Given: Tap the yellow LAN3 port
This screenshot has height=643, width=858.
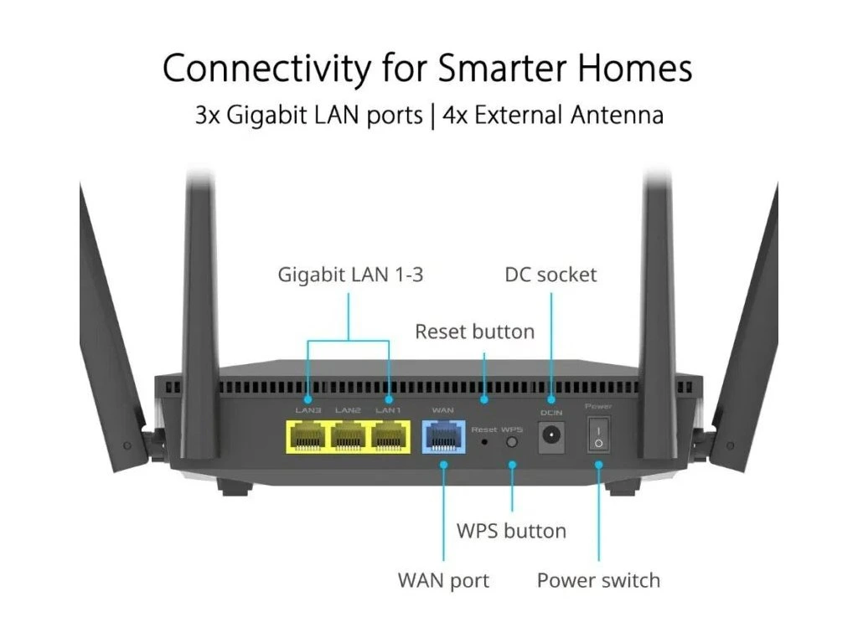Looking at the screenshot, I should (308, 436).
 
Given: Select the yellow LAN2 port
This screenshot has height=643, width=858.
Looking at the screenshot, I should (349, 436).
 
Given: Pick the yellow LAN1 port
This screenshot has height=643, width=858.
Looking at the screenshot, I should (390, 436).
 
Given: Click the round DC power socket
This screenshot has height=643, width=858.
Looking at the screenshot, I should (551, 435).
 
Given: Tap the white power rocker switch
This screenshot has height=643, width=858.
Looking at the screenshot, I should (598, 435).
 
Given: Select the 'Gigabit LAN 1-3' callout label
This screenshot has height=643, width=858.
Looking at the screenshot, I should (350, 275).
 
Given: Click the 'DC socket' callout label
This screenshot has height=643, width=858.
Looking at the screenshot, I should (550, 275).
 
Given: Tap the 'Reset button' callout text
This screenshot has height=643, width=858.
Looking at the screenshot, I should (474, 332).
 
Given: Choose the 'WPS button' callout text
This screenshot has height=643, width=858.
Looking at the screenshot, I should (511, 531).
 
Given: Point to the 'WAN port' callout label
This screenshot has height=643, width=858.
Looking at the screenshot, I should (443, 580).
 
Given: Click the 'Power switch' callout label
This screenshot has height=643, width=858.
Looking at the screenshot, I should (598, 580).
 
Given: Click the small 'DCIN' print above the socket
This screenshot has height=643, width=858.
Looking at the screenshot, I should (550, 411).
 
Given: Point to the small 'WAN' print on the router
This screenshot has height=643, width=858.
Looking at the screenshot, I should (442, 410).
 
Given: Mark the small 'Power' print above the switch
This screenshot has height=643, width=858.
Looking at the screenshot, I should (598, 406).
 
